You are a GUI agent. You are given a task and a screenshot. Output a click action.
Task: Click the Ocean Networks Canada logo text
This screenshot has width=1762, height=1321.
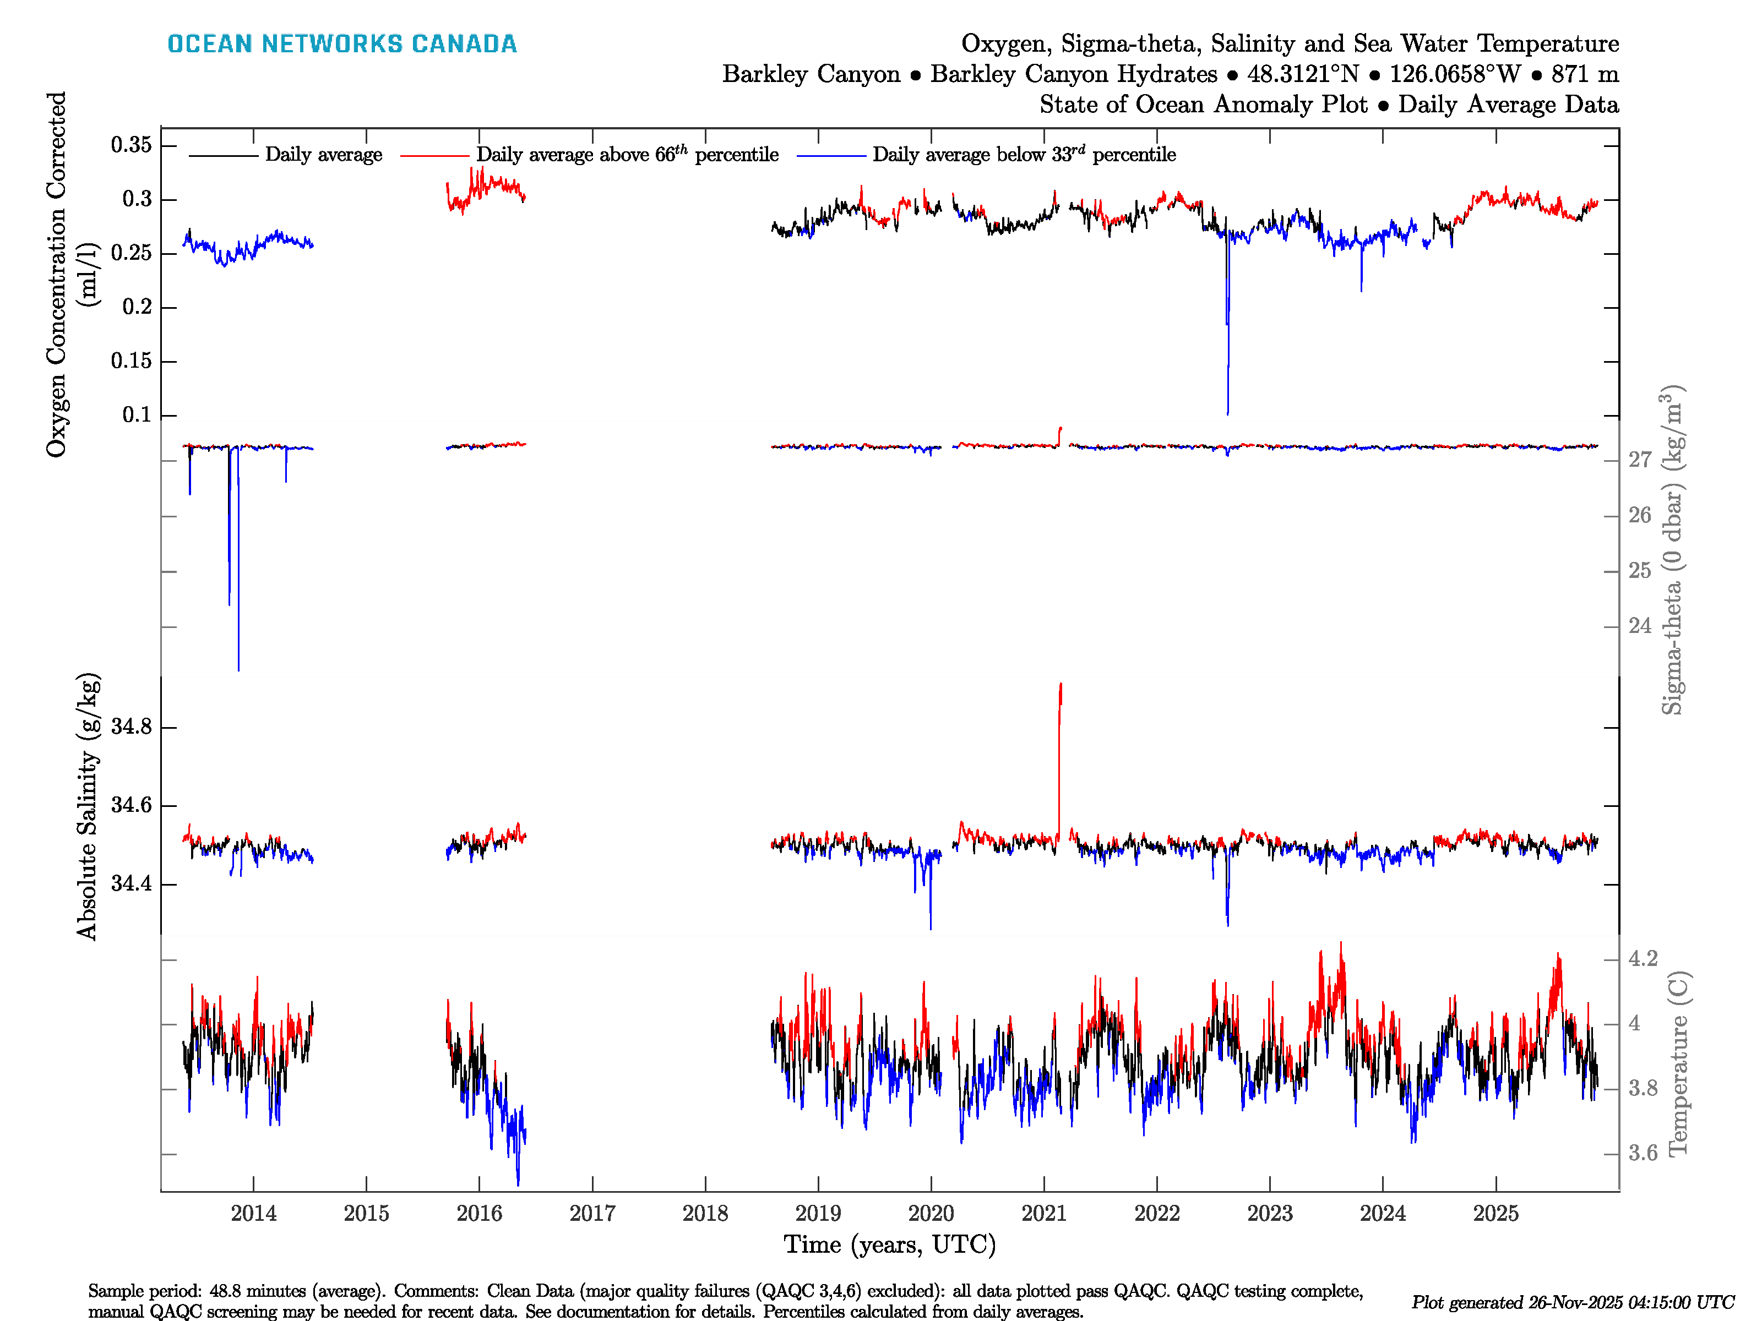[x=342, y=44]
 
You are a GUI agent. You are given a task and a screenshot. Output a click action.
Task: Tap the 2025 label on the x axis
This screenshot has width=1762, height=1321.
[x=1495, y=1214]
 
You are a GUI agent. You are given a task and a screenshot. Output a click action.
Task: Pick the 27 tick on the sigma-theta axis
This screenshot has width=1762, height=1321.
[x=1639, y=460]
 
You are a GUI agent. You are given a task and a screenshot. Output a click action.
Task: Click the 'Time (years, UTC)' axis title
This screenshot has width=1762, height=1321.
[x=890, y=1244]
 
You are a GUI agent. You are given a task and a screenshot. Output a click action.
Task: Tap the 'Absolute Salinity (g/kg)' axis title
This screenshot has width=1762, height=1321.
[x=88, y=806]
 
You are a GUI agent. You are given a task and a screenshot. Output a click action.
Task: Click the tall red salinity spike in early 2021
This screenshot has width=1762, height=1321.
[x=1060, y=701]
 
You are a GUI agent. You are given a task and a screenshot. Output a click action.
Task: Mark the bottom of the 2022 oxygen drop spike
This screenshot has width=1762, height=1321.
[x=1227, y=412]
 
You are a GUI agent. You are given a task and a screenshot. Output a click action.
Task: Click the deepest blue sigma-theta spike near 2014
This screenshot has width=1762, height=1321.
[x=238, y=667]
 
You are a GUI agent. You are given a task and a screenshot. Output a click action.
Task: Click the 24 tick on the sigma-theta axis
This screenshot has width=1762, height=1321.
[x=1639, y=626]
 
